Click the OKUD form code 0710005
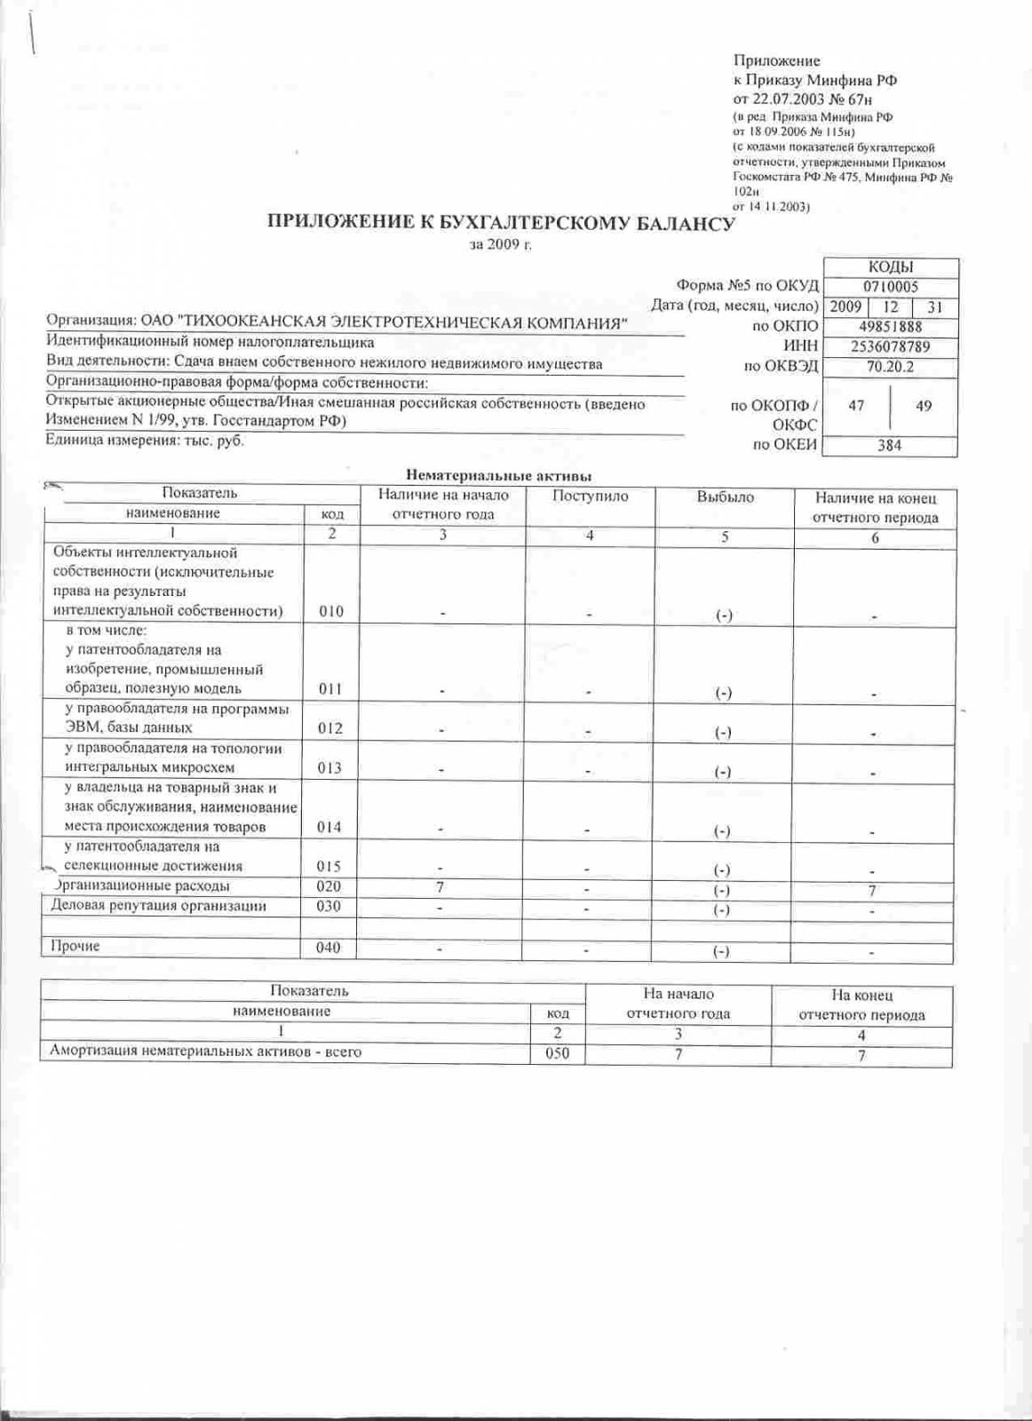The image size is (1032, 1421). click(x=890, y=287)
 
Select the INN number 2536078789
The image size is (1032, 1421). click(x=890, y=346)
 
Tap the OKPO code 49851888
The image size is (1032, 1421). click(x=890, y=327)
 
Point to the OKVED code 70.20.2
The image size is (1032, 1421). click(x=890, y=366)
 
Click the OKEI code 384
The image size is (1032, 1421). click(x=889, y=445)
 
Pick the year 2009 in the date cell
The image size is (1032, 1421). click(x=845, y=306)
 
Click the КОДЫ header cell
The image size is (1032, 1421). click(x=891, y=267)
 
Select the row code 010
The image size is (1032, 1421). click(x=330, y=611)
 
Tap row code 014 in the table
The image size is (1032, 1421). click(x=329, y=827)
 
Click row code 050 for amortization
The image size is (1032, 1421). click(x=557, y=1053)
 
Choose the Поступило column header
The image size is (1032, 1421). click(x=590, y=496)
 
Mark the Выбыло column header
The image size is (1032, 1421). click(x=725, y=497)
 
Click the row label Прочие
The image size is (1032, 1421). click(x=75, y=946)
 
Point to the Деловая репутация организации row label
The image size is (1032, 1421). click(x=158, y=906)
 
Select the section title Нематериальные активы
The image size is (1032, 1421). click(x=498, y=476)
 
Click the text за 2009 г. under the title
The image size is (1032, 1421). click(x=500, y=244)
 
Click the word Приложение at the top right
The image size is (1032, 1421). click(x=776, y=60)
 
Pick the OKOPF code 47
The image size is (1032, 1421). click(x=856, y=406)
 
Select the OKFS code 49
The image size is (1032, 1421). click(x=924, y=406)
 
